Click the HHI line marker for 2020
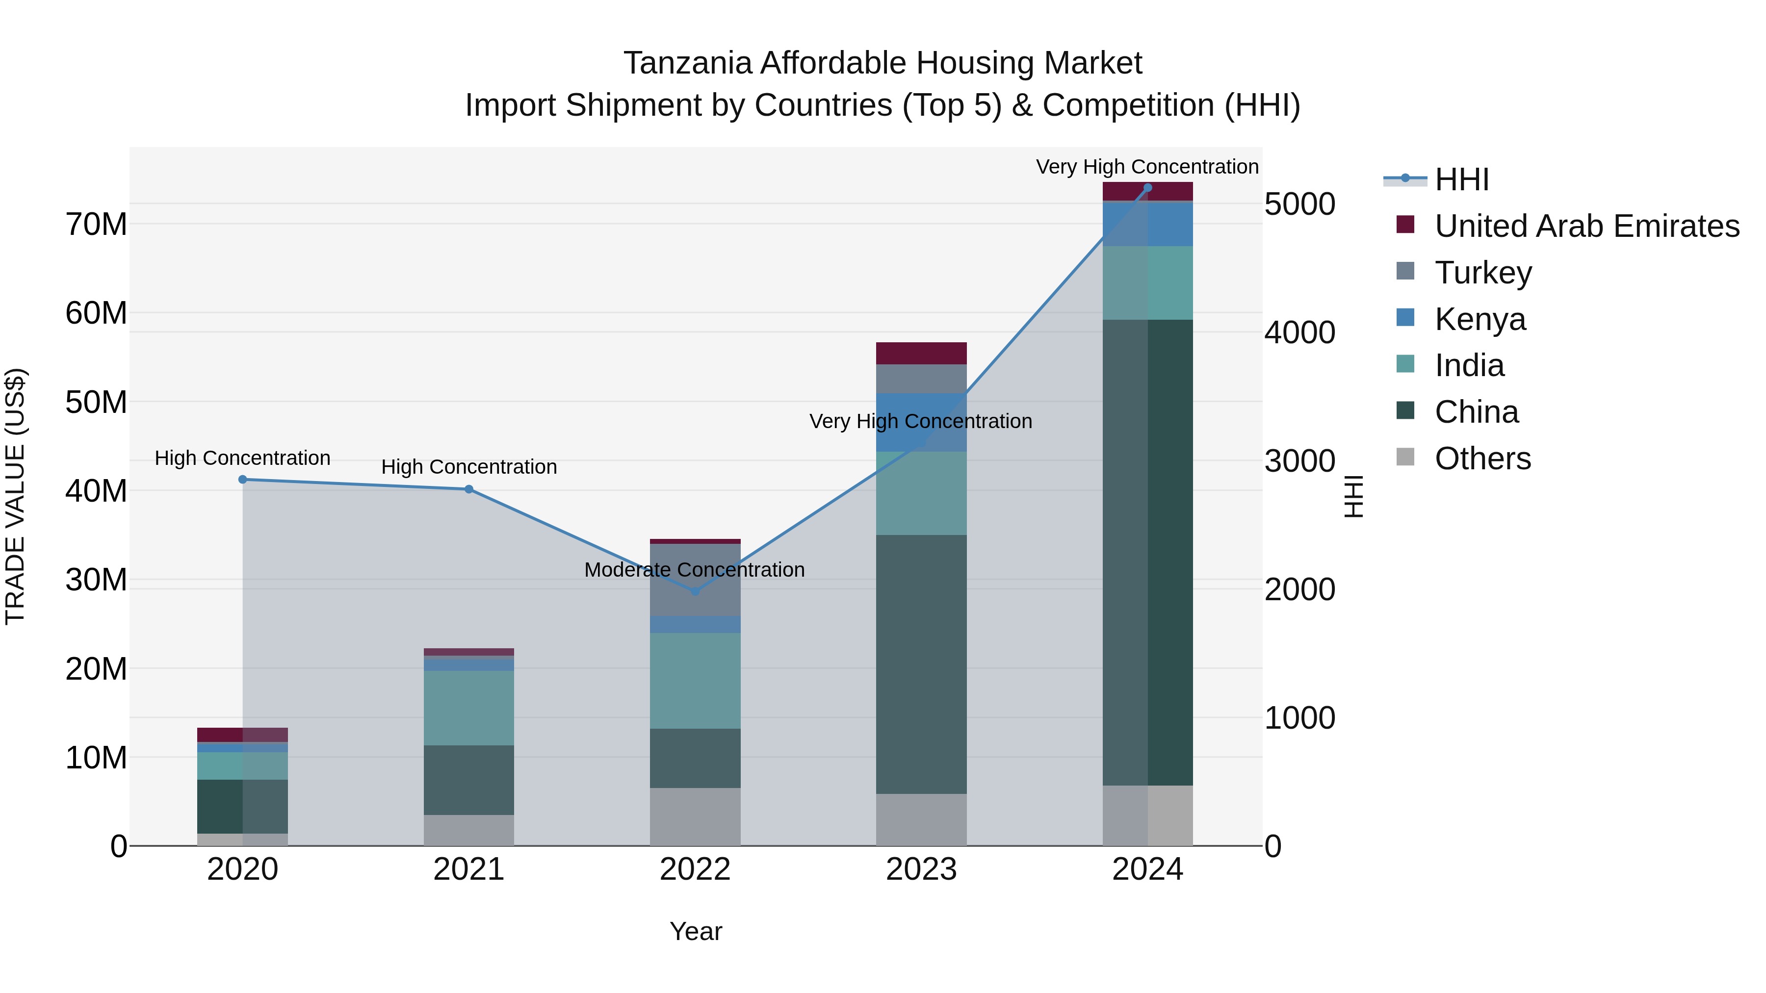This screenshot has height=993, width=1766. click(x=243, y=480)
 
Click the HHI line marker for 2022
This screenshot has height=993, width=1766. click(x=695, y=591)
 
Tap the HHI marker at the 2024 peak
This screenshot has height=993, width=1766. click(x=1147, y=188)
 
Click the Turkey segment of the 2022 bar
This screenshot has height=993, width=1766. click(x=695, y=580)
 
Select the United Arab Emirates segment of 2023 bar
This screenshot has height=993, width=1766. click(x=921, y=353)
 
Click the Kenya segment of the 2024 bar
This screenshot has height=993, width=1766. click(x=1147, y=224)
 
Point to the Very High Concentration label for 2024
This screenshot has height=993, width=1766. click(x=1146, y=167)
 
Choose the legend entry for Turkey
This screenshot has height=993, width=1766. click(x=1483, y=272)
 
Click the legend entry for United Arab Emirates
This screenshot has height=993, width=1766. click(x=1586, y=226)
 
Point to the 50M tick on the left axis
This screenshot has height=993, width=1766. click(x=96, y=402)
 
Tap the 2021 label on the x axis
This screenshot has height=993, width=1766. click(x=469, y=869)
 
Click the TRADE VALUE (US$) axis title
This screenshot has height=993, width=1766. click(x=15, y=496)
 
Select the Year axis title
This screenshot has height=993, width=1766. click(x=695, y=931)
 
